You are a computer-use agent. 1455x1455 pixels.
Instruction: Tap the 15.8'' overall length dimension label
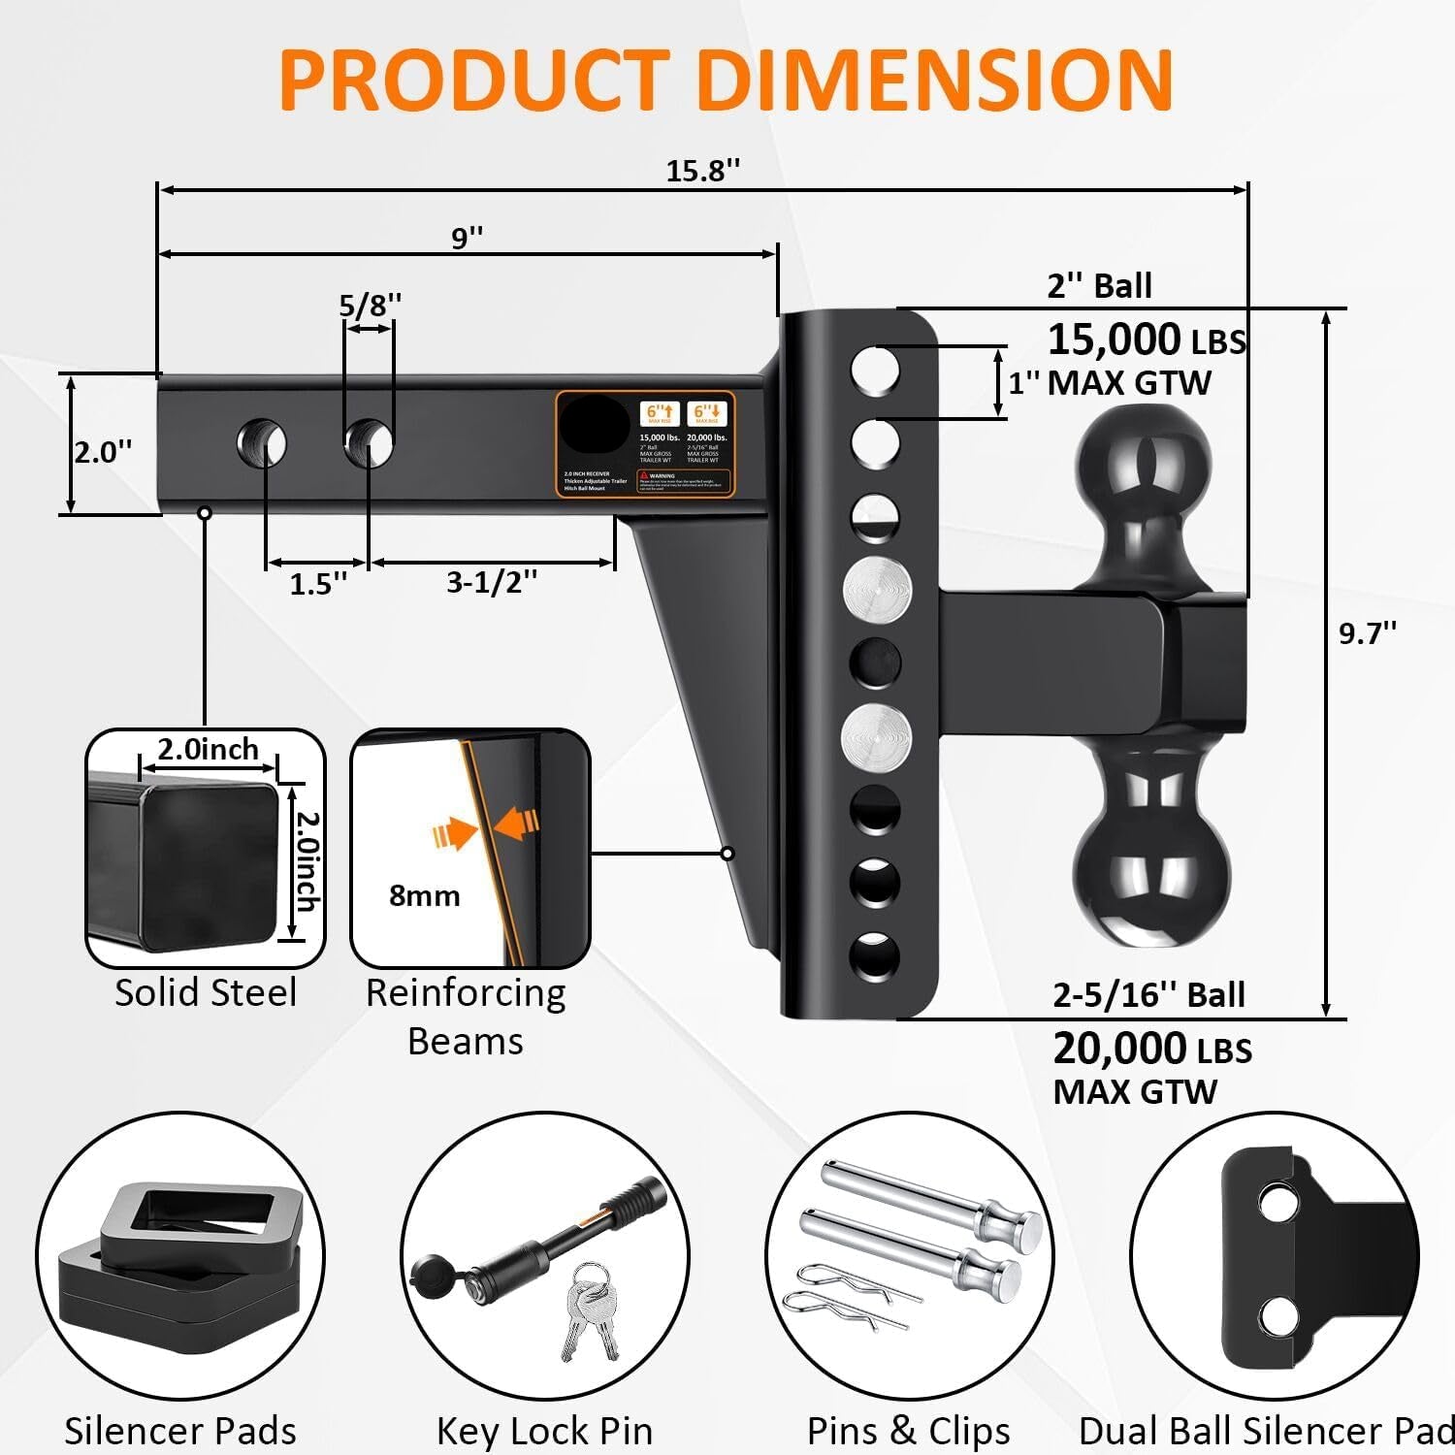702,171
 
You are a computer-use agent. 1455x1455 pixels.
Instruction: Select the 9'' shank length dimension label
467,237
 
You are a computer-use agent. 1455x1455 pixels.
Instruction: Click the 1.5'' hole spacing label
318,584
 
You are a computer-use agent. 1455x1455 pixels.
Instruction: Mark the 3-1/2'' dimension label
492,582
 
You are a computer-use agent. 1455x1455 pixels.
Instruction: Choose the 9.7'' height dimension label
1368,632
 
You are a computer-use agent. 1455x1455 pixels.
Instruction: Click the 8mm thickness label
424,895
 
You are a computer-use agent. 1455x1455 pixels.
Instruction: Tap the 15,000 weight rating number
1114,339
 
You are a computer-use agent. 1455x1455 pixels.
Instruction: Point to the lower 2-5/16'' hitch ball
1151,878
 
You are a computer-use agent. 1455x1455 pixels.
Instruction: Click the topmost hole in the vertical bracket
875,371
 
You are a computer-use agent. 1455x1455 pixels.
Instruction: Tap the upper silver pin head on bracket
877,590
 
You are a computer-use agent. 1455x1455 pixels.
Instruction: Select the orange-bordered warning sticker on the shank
644,444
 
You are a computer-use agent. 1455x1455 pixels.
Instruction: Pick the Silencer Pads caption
180,1430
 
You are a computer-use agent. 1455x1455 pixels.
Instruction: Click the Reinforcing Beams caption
466,1017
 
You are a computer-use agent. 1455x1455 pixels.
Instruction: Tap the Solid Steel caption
206,992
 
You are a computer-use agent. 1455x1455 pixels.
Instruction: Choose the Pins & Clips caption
909,1430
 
